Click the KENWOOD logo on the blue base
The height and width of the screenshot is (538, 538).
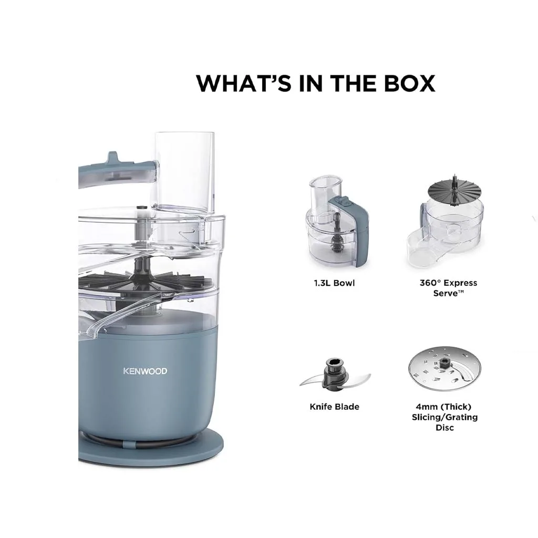point(145,371)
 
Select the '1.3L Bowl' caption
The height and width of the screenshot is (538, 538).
point(334,283)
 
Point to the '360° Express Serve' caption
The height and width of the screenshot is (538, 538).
point(448,288)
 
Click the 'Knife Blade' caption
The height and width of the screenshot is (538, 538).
point(335,407)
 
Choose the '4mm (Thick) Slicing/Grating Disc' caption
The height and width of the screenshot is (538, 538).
point(444,417)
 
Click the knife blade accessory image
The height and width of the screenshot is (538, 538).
point(335,374)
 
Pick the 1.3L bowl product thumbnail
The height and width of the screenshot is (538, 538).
point(337,221)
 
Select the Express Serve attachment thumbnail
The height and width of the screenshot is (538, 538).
point(445,221)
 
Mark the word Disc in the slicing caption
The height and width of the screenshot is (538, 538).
point(444,428)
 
